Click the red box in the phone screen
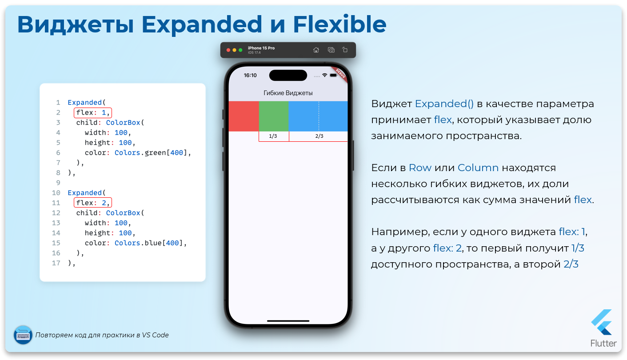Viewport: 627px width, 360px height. pyautogui.click(x=244, y=116)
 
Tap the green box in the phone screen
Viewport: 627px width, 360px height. pyautogui.click(x=274, y=116)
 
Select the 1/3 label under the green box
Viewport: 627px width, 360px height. pyautogui.click(x=273, y=136)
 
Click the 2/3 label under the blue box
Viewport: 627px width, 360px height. pyautogui.click(x=319, y=136)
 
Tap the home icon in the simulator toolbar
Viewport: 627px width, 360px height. pyautogui.click(x=316, y=50)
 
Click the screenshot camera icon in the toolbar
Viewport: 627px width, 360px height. pyautogui.click(x=331, y=50)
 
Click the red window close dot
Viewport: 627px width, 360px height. pyautogui.click(x=228, y=50)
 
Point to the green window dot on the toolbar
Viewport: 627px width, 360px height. pyautogui.click(x=240, y=50)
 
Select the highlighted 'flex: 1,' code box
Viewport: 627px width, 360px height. pyautogui.click(x=93, y=112)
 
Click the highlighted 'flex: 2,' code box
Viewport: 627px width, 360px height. pyautogui.click(x=93, y=203)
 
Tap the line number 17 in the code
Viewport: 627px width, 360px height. pyautogui.click(x=56, y=263)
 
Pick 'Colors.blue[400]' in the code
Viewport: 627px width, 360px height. pyautogui.click(x=148, y=243)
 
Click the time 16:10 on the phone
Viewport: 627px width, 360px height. pyautogui.click(x=250, y=75)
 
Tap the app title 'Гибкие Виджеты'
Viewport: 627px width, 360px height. pyautogui.click(x=288, y=93)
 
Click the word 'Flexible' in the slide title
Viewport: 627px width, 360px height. pyautogui.click(x=339, y=24)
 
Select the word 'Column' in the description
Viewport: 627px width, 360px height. pyautogui.click(x=478, y=168)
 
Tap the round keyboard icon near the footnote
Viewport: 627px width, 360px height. pyautogui.click(x=23, y=335)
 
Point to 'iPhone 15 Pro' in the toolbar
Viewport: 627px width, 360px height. pyautogui.click(x=261, y=48)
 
